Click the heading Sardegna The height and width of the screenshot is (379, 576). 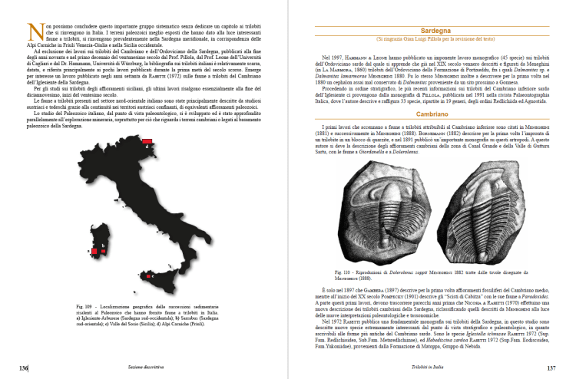pos(432,28)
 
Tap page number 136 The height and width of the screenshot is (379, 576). pos(24,368)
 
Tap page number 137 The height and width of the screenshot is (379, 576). pos(551,368)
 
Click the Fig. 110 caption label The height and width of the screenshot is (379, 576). pos(344,272)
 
